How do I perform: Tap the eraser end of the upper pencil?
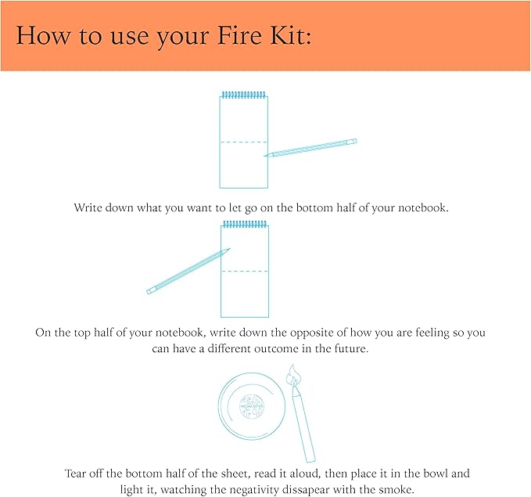coord(353,142)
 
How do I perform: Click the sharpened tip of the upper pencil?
coord(267,155)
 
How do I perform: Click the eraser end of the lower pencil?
coord(150,291)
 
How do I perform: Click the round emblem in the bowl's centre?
coord(252,409)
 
